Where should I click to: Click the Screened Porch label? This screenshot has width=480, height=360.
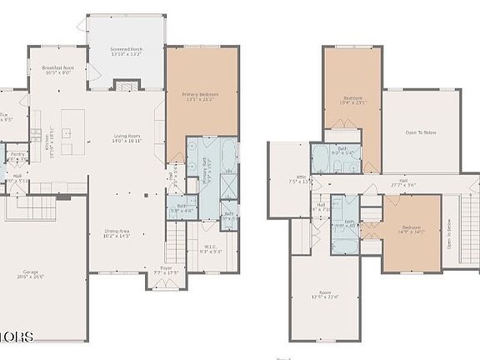pyautogui.click(x=127, y=53)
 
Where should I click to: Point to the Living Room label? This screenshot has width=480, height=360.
pyautogui.click(x=127, y=140)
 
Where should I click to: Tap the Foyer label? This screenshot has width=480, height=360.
pyautogui.click(x=167, y=271)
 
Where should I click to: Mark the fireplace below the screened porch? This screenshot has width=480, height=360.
pyautogui.click(x=126, y=87)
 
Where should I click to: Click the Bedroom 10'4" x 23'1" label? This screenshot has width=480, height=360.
pyautogui.click(x=352, y=102)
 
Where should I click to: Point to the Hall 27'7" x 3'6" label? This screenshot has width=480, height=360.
pyautogui.click(x=402, y=183)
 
